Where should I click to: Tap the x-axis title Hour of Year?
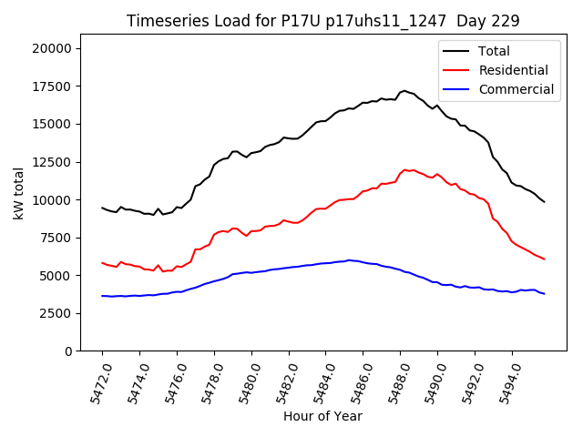point(322,416)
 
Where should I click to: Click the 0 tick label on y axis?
point(73,351)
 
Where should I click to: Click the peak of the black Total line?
point(404,91)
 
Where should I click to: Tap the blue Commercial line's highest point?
point(348,259)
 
